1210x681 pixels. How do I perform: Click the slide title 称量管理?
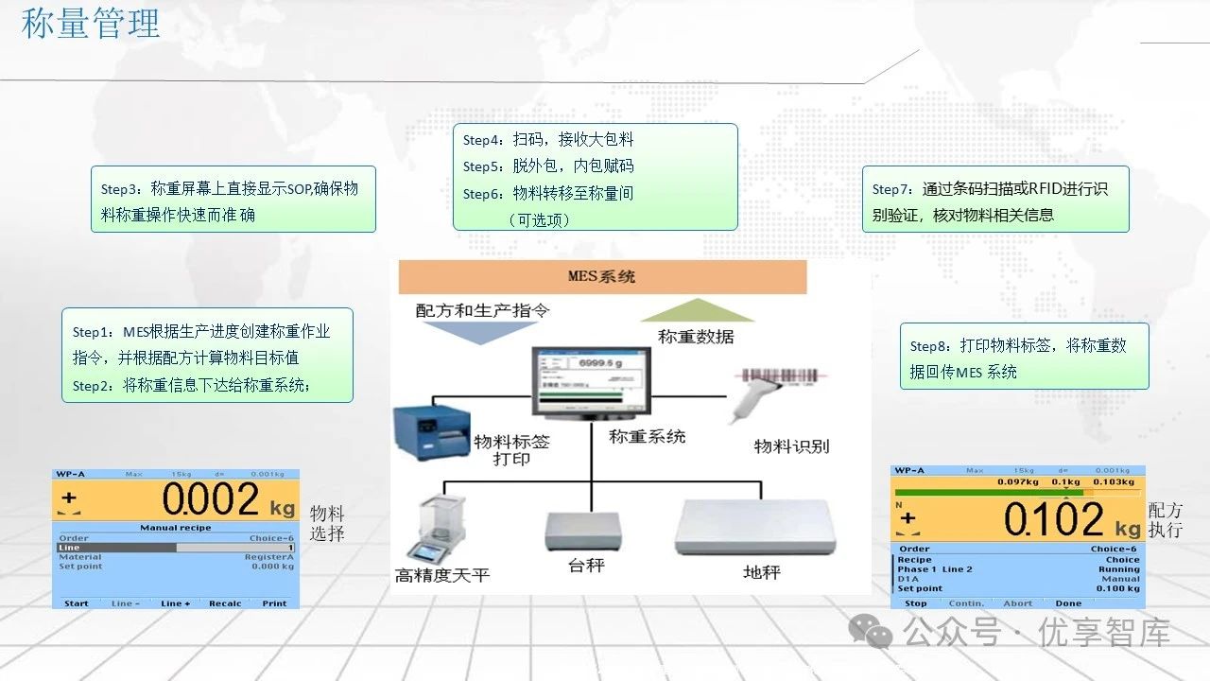(91, 24)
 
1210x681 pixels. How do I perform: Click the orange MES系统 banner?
(602, 277)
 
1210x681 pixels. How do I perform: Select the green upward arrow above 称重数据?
(698, 311)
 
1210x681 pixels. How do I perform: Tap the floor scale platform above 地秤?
(754, 528)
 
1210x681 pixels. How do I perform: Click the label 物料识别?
(791, 445)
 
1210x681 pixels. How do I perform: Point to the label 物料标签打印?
(511, 450)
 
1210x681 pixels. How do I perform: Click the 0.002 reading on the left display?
(210, 499)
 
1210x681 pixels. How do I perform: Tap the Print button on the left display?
(274, 603)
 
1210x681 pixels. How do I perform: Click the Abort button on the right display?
(1017, 603)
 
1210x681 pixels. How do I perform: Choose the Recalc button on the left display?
(225, 603)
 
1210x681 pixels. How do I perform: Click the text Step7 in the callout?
(891, 189)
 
